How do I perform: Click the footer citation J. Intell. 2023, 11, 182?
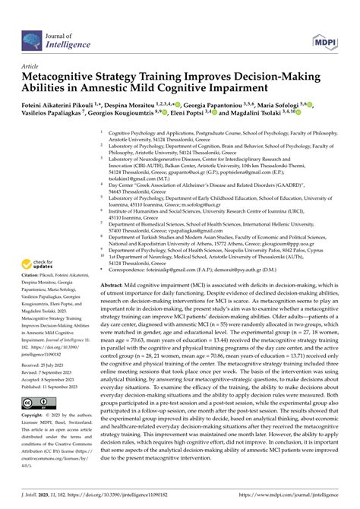pos(45,492)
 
